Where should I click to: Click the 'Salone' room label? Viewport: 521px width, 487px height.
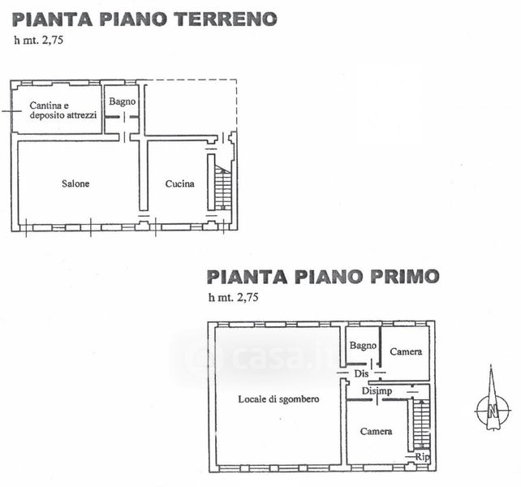pos(75,183)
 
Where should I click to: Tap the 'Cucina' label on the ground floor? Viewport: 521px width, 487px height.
pos(180,183)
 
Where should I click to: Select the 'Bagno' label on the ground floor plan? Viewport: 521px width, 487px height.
pos(123,101)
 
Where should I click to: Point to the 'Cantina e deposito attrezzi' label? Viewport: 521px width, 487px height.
pos(63,110)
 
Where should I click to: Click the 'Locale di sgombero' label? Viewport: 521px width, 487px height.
pos(278,399)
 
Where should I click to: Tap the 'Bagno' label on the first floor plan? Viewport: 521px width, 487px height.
pos(363,346)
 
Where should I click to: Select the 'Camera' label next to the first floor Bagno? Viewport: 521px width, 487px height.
pos(406,351)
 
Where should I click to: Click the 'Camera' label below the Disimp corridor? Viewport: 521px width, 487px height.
pos(376,432)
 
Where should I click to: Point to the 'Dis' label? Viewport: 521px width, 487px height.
pos(361,373)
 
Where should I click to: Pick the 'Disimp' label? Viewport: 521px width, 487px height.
pos(377,391)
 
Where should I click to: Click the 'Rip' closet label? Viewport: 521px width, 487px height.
pos(422,457)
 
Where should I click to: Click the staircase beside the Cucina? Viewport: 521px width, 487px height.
pos(222,187)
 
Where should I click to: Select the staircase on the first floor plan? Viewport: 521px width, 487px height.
pos(422,425)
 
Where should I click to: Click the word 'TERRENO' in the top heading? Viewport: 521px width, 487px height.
pos(226,19)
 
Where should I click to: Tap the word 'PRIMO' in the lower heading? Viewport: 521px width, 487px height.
pos(405,277)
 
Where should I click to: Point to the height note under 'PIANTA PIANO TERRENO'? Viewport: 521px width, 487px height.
pos(38,41)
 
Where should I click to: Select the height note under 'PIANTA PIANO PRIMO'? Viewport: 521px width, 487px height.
pos(233,297)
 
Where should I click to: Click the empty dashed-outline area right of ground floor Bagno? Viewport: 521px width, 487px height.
pos(192,107)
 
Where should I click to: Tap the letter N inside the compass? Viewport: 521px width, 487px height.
pos(493,412)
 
